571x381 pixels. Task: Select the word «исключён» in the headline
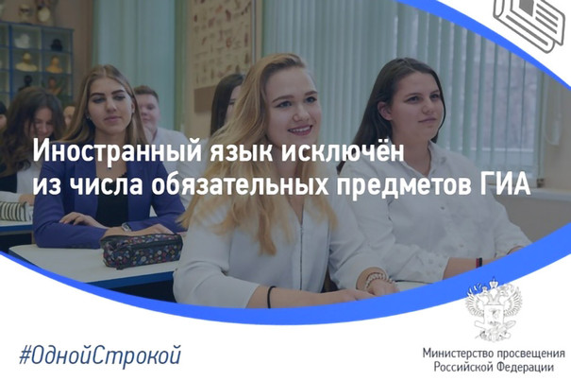click(x=343, y=150)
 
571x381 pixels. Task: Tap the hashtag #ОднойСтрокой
click(x=100, y=355)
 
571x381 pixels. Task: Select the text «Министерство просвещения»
click(x=494, y=354)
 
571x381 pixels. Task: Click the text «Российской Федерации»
click(x=494, y=367)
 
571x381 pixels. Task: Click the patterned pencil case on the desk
click(x=142, y=251)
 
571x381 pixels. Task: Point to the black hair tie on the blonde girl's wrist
click(x=270, y=297)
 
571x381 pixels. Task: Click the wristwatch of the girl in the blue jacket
click(x=126, y=227)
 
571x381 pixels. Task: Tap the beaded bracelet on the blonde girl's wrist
click(x=374, y=279)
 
